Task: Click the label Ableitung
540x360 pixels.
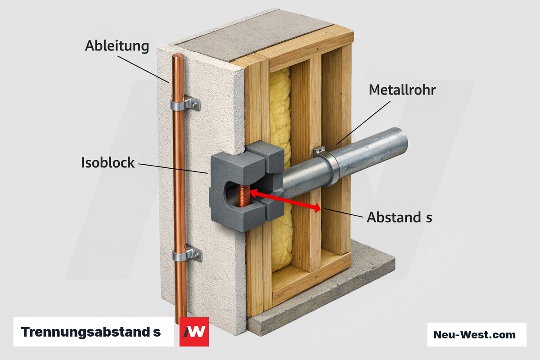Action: pyautogui.click(x=117, y=46)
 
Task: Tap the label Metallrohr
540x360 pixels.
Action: pyautogui.click(x=402, y=90)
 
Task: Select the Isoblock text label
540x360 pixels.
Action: pyautogui.click(x=108, y=162)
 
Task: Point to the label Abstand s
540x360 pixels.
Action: pyautogui.click(x=399, y=217)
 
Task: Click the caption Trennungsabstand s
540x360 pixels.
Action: pyautogui.click(x=90, y=332)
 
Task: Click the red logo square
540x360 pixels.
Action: pyautogui.click(x=194, y=332)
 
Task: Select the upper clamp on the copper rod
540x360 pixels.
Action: pyautogui.click(x=185, y=103)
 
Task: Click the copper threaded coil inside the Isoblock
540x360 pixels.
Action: pyautogui.click(x=243, y=196)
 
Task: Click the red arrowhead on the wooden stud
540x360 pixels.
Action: pyautogui.click(x=317, y=208)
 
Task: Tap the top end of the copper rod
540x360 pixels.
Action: pyautogui.click(x=178, y=56)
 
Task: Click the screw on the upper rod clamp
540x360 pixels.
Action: pyautogui.click(x=194, y=104)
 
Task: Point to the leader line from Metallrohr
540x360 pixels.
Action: pyautogui.click(x=363, y=123)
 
